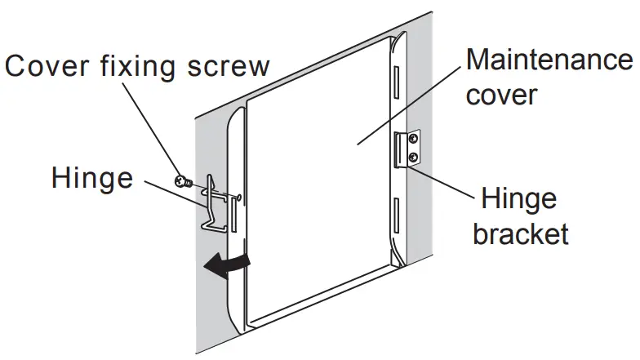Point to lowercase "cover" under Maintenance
pos(500,96)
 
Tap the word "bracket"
pos(520,234)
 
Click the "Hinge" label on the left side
pos(91,177)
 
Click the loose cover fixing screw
pos(183,181)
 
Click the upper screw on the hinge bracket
pos(414,139)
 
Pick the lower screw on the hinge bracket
pos(414,156)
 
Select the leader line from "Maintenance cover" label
pos(409,107)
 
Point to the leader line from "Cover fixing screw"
pos(160,131)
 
